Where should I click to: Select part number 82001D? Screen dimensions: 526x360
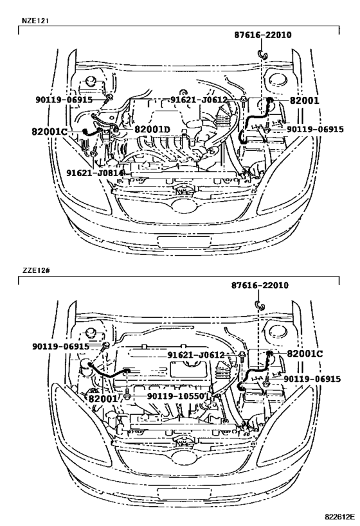152,130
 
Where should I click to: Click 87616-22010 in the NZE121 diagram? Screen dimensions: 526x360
262,35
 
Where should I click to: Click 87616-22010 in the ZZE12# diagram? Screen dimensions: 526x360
260,285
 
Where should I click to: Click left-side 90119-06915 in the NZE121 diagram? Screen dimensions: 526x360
64,100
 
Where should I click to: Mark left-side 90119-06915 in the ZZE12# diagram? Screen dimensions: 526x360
60,346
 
